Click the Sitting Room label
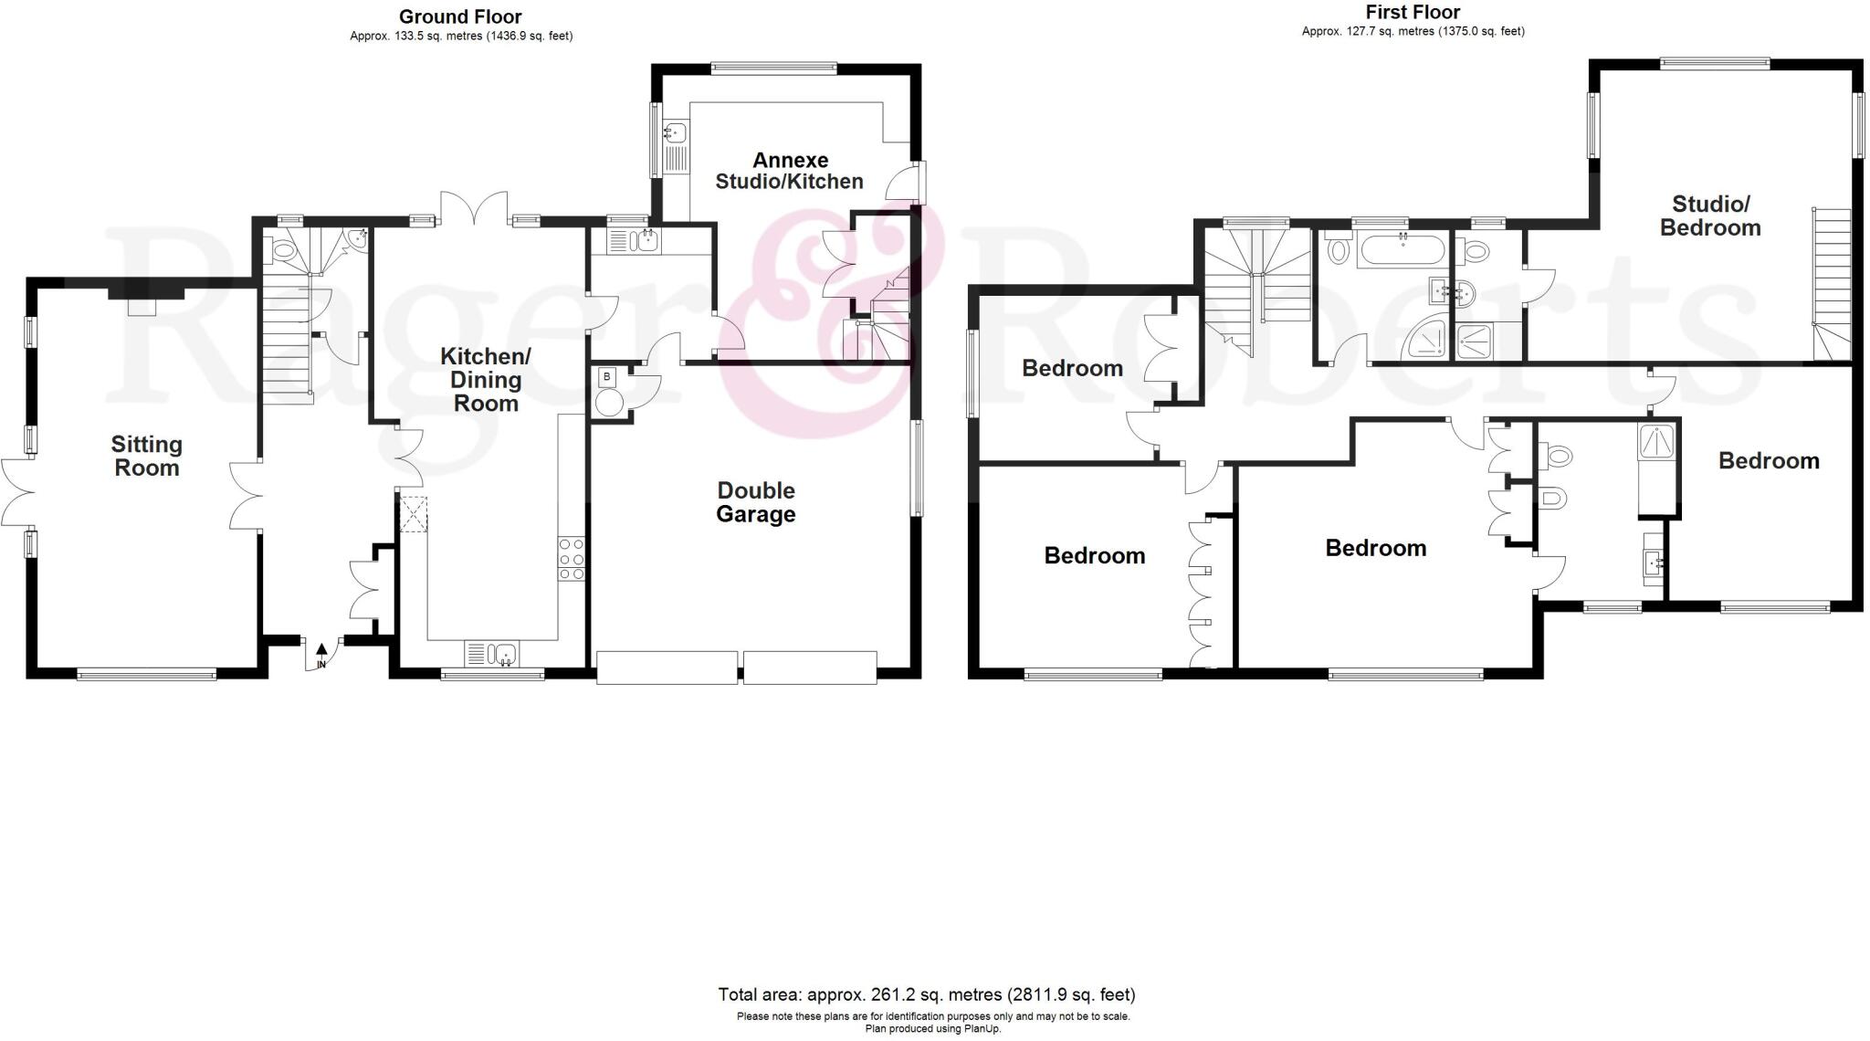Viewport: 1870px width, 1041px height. tap(146, 457)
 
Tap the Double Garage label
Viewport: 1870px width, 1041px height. tap(755, 502)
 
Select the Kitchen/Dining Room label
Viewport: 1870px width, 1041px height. tap(486, 380)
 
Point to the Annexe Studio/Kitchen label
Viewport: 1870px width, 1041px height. tap(789, 172)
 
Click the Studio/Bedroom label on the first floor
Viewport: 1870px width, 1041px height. tap(1709, 216)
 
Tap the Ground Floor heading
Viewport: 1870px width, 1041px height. tap(460, 16)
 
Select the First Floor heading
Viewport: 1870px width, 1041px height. tap(1413, 12)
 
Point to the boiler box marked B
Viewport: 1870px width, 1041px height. tap(607, 376)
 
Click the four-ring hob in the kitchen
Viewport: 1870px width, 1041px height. tap(572, 559)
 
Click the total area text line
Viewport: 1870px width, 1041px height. tap(926, 994)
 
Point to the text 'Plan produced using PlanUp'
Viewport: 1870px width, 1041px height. tap(932, 1028)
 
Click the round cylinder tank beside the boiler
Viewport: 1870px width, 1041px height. tap(608, 402)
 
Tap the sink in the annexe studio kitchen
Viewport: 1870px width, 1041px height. tap(677, 133)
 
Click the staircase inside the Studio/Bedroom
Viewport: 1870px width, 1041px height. tap(1832, 283)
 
